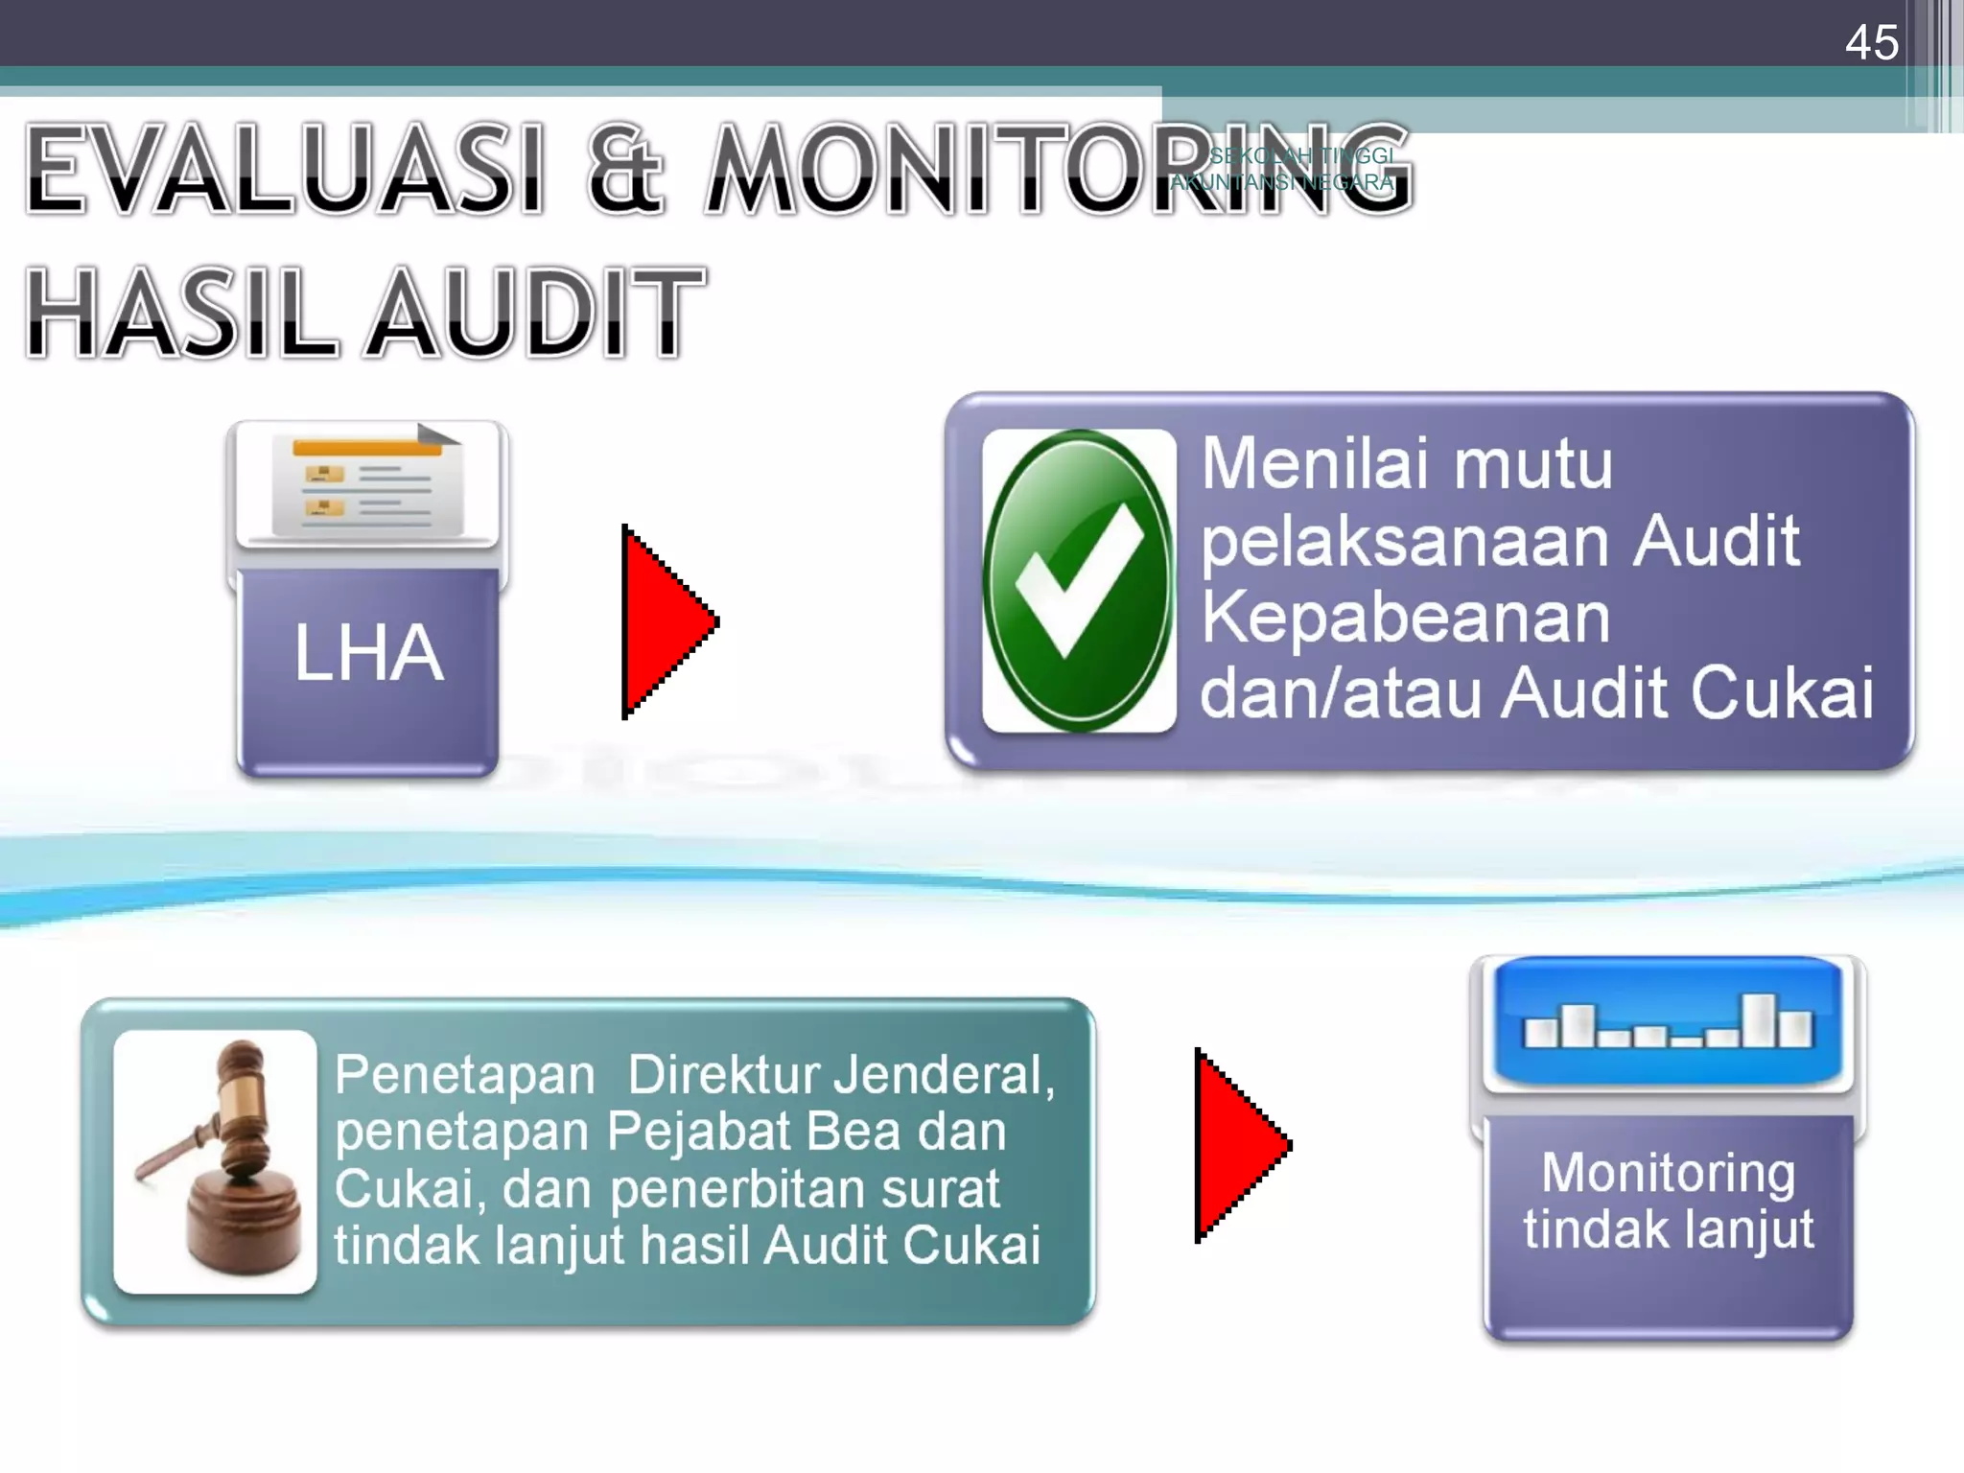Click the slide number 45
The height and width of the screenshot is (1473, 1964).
pos(1871,43)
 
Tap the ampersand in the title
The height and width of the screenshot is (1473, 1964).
pos(624,169)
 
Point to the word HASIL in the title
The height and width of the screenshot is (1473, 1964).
pos(182,313)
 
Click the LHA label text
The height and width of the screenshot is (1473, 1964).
pos(368,653)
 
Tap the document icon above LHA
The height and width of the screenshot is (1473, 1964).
pos(367,485)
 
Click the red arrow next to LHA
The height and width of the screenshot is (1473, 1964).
pos(665,621)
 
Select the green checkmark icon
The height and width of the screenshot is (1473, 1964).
pos(1079,580)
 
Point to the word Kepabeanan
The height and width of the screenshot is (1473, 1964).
pos(1406,617)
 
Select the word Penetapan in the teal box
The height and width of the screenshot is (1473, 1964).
pos(465,1074)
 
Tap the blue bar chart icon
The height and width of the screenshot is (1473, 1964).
pos(1669,1022)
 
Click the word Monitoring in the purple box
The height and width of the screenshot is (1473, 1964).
pos(1669,1173)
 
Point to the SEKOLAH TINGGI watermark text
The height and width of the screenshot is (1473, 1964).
pos(1301,156)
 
